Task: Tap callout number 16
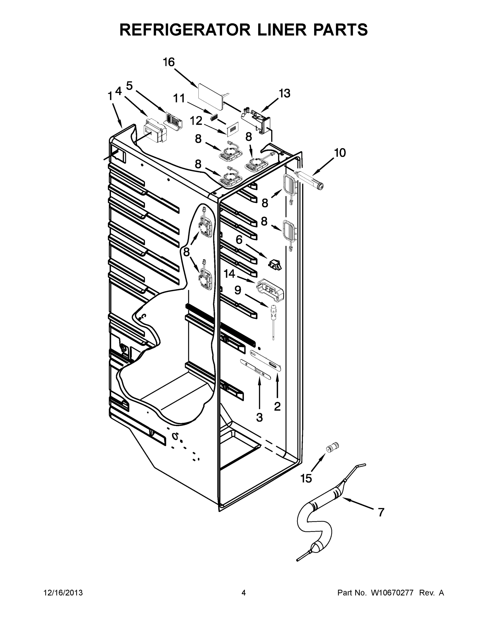pos(169,62)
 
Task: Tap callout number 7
pos(381,512)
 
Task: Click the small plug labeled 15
pos(332,447)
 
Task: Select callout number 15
pos(306,479)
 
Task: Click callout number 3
pos(259,417)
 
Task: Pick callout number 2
pos(277,406)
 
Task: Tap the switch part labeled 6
pos(275,264)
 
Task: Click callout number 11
pos(179,99)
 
